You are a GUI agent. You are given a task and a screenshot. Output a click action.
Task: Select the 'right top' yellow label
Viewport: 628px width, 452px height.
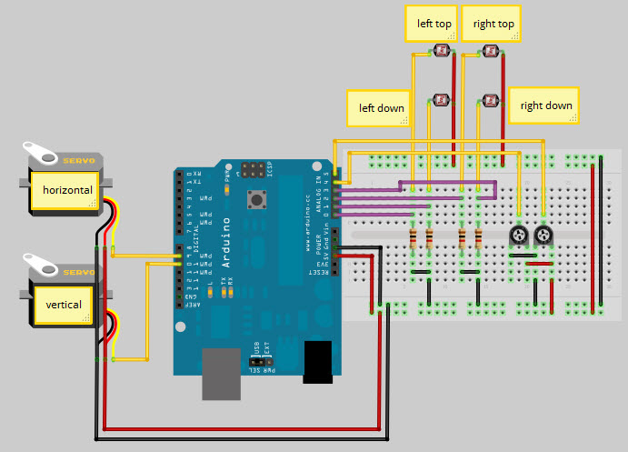[493, 25]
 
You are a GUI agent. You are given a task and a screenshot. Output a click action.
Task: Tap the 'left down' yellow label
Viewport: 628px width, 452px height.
[382, 107]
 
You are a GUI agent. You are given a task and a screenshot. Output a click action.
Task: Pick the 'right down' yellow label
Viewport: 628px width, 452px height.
[545, 105]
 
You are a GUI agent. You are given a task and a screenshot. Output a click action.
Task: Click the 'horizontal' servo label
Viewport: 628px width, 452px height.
[66, 190]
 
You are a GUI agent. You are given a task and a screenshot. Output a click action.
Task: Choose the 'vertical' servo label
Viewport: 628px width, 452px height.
[64, 305]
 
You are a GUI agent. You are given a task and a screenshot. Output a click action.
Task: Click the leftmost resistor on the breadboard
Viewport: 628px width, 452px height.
[415, 239]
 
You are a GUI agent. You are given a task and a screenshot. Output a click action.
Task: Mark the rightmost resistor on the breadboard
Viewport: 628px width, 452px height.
[478, 239]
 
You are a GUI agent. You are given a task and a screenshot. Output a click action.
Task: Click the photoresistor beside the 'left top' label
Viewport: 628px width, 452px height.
[444, 52]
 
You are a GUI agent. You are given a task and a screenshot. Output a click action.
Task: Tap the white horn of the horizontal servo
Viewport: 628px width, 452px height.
[38, 148]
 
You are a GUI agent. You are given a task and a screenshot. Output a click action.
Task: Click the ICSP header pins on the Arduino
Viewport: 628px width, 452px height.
[252, 169]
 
